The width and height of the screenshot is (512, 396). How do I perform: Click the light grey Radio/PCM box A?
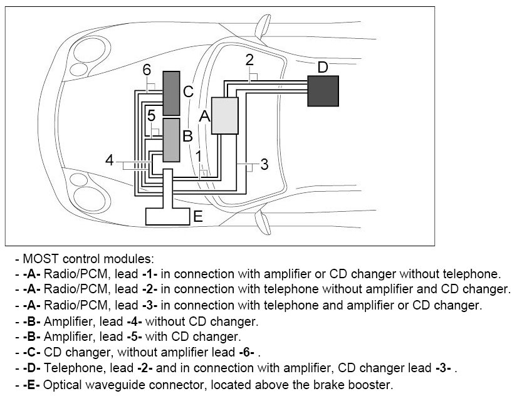pyautogui.click(x=225, y=116)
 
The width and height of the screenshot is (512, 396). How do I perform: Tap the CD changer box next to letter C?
pyautogui.click(x=171, y=93)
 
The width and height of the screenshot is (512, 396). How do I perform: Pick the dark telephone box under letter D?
pyautogui.click(x=323, y=91)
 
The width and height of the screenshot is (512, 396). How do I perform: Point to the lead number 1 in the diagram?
pyautogui.click(x=198, y=155)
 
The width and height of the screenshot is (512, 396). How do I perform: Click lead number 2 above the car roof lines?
pyautogui.click(x=249, y=60)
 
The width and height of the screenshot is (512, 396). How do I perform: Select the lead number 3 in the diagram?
pyautogui.click(x=264, y=165)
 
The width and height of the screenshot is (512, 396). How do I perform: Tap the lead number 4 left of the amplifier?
pyautogui.click(x=110, y=160)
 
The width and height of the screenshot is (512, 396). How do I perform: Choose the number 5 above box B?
pyautogui.click(x=151, y=116)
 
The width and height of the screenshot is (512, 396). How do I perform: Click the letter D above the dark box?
pyautogui.click(x=322, y=66)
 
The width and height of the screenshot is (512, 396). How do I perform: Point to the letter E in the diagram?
pyautogui.click(x=198, y=217)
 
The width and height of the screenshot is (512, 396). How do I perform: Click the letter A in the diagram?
pyautogui.click(x=204, y=115)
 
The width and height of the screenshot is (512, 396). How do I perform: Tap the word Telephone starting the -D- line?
pyautogui.click(x=68, y=368)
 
